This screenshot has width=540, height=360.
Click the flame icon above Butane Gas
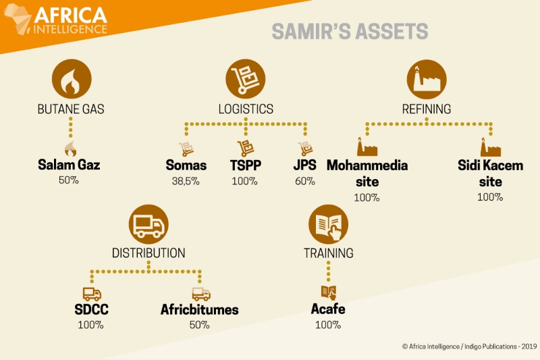click(72, 79)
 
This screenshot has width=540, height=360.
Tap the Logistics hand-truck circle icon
click(246, 79)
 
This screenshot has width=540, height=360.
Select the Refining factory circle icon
click(427, 79)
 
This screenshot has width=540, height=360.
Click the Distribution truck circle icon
click(148, 224)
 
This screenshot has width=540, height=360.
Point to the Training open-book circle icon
click(328, 224)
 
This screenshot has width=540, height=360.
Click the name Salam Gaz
click(69, 165)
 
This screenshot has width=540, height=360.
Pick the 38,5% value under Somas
click(186, 181)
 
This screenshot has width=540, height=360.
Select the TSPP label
click(246, 165)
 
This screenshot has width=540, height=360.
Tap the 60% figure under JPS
click(305, 181)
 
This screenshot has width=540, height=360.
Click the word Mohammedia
click(367, 165)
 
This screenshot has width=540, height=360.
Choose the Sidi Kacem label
click(491, 165)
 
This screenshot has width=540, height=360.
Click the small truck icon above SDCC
click(92, 294)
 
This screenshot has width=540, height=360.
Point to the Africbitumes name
click(199, 309)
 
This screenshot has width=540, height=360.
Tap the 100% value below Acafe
click(328, 325)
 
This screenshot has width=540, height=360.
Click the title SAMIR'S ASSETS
click(350, 31)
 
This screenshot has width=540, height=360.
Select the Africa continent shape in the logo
click(18, 19)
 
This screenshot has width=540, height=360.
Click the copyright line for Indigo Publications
click(469, 346)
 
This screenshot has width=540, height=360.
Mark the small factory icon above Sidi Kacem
click(491, 147)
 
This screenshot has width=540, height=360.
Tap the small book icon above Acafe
click(329, 293)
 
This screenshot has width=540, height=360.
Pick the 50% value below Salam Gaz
click(69, 180)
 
